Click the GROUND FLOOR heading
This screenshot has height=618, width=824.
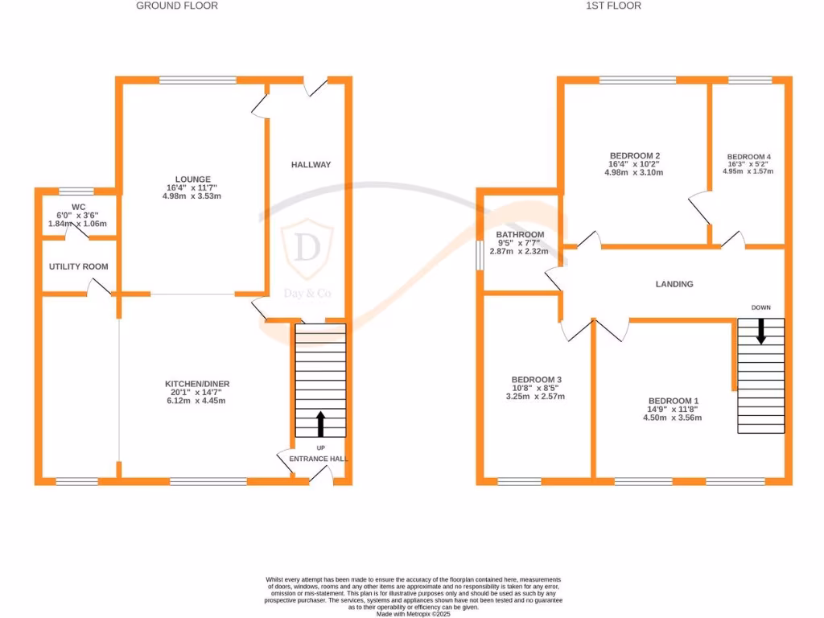(177, 6)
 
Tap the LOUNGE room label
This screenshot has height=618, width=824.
(193, 179)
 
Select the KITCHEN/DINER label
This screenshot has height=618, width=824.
(196, 384)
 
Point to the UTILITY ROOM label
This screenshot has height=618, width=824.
(78, 266)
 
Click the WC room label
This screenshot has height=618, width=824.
(78, 207)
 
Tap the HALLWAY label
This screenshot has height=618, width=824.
(311, 165)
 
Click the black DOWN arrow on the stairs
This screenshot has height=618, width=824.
(760, 332)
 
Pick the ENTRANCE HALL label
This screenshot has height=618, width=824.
(320, 459)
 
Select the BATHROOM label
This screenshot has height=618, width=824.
(520, 235)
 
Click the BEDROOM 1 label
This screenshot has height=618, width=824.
(674, 401)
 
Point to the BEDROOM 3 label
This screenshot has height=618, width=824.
(536, 380)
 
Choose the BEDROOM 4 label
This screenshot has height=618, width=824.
(748, 157)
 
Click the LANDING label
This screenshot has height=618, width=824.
(674, 284)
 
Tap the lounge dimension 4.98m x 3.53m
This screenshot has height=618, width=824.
(193, 196)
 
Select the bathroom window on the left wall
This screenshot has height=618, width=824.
(480, 257)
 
